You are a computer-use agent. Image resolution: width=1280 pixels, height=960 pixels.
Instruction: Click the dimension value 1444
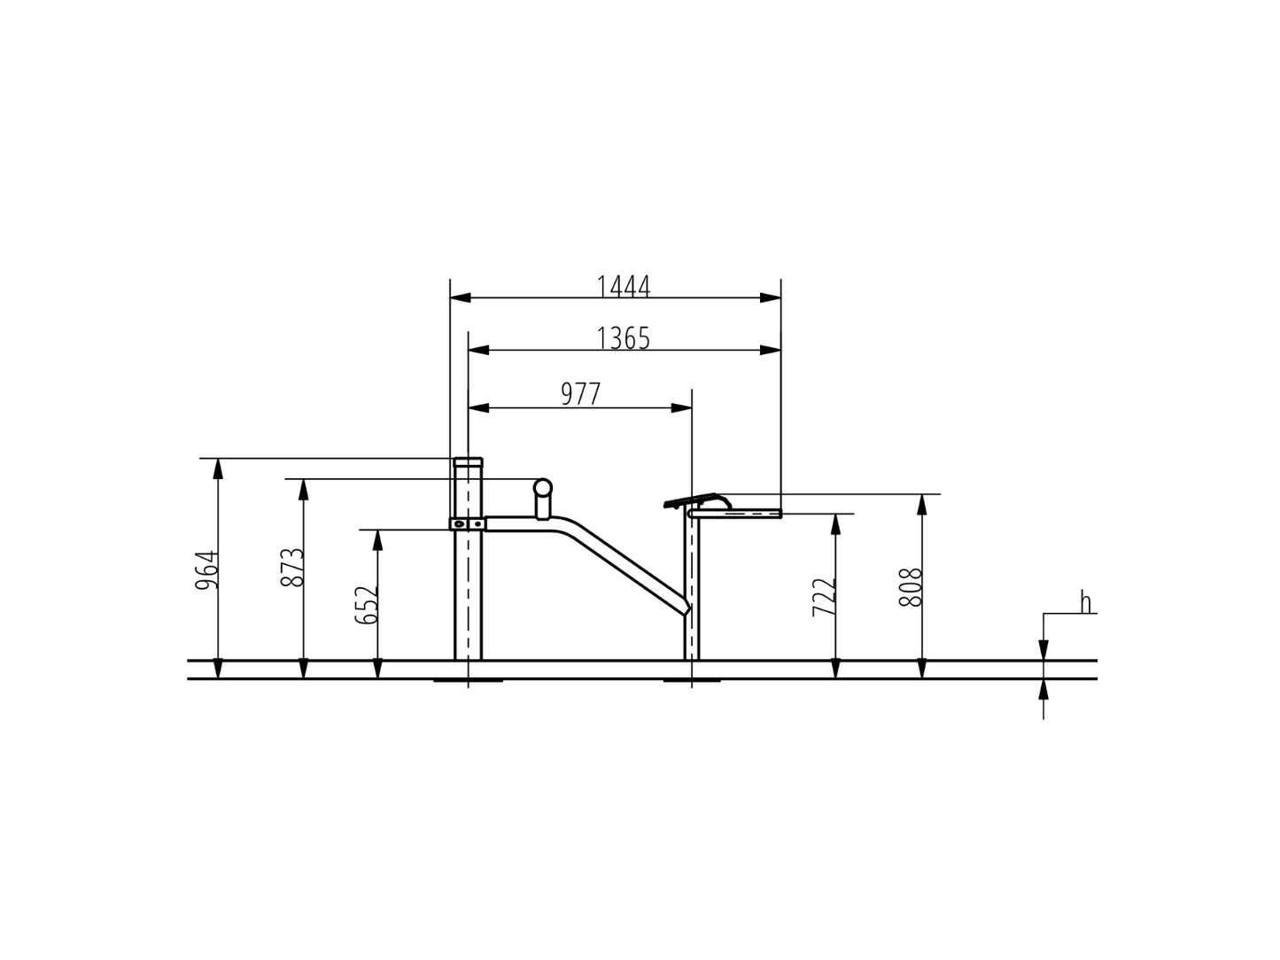tap(623, 286)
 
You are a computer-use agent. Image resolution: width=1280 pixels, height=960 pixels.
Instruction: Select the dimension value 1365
tap(623, 338)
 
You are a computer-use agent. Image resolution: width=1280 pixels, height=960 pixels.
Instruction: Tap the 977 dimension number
tap(580, 395)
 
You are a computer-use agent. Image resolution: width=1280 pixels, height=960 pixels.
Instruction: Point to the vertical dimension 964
tap(206, 569)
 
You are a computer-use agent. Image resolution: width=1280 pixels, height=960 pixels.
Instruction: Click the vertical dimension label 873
tap(292, 567)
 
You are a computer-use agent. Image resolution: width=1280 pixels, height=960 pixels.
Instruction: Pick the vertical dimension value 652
tap(366, 605)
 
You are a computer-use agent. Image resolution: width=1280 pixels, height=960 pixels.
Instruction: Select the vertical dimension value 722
tap(824, 597)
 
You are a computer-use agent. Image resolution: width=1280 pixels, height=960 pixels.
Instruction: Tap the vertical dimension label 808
tap(911, 587)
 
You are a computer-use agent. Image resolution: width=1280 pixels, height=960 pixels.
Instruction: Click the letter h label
tap(1085, 602)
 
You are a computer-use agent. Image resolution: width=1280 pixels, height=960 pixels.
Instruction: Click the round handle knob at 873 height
tap(542, 487)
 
